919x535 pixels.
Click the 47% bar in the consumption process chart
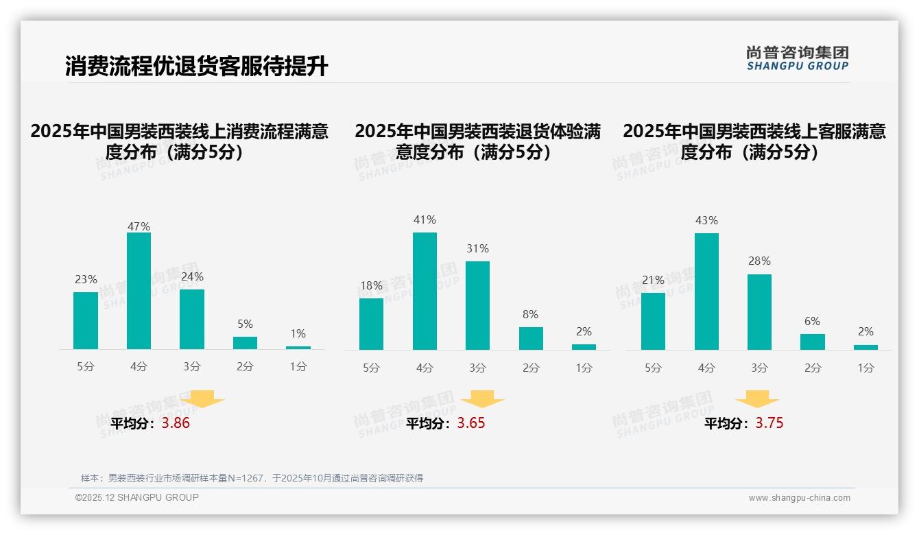click(139, 291)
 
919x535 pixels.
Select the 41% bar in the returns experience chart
click(425, 291)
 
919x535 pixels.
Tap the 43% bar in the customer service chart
click(706, 292)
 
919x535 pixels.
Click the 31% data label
click(478, 248)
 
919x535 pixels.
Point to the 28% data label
click(759, 261)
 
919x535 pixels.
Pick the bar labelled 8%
click(531, 338)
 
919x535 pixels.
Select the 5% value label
click(245, 324)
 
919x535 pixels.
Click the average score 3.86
click(176, 423)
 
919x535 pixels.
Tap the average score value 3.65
click(471, 423)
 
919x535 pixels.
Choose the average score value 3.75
click(769, 423)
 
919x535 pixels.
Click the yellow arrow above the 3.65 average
click(483, 399)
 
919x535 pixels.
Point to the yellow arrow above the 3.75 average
click(757, 399)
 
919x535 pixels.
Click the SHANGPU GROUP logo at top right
click(797, 58)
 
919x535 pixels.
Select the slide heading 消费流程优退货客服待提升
click(197, 67)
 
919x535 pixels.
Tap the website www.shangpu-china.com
click(799, 498)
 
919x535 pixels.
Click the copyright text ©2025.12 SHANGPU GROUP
click(137, 497)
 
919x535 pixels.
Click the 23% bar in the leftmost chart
click(86, 320)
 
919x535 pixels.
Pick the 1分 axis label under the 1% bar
click(298, 367)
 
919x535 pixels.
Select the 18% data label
click(371, 285)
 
